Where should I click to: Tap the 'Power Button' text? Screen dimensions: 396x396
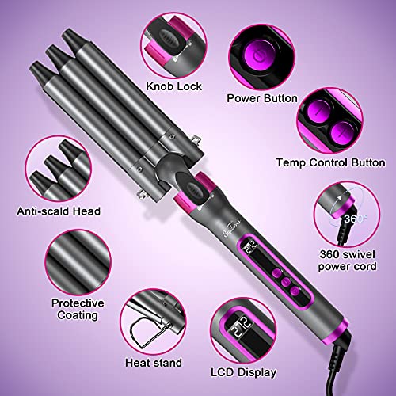(x=261, y=99)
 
